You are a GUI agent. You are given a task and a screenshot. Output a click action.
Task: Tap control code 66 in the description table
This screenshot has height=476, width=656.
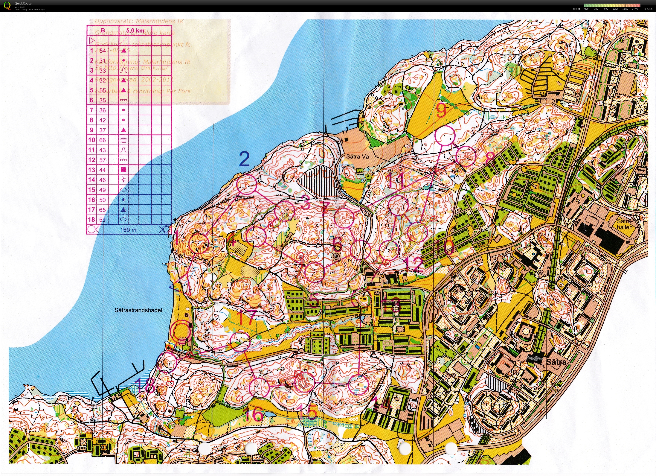pyautogui.click(x=102, y=140)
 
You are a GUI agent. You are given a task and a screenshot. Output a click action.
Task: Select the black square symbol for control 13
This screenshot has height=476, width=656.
pyautogui.click(x=123, y=170)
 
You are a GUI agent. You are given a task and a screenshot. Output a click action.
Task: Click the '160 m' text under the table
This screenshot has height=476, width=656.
pyautogui.click(x=128, y=230)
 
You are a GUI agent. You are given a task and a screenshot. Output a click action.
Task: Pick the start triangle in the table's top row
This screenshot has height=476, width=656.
pyautogui.click(x=91, y=40)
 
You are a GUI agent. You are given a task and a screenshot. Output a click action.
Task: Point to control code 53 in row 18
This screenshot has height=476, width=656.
pyautogui.click(x=102, y=220)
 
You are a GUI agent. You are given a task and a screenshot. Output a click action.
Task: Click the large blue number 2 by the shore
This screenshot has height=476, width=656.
pyautogui.click(x=244, y=159)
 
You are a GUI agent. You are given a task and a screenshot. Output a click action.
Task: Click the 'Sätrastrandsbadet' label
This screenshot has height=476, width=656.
pyautogui.click(x=138, y=310)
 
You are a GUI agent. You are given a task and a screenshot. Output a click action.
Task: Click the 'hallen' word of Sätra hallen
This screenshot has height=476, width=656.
pyautogui.click(x=625, y=227)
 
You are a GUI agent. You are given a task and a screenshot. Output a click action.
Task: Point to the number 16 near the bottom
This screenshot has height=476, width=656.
pyautogui.click(x=254, y=414)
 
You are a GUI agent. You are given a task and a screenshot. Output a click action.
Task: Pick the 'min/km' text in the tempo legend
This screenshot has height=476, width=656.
pyautogui.click(x=648, y=9)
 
